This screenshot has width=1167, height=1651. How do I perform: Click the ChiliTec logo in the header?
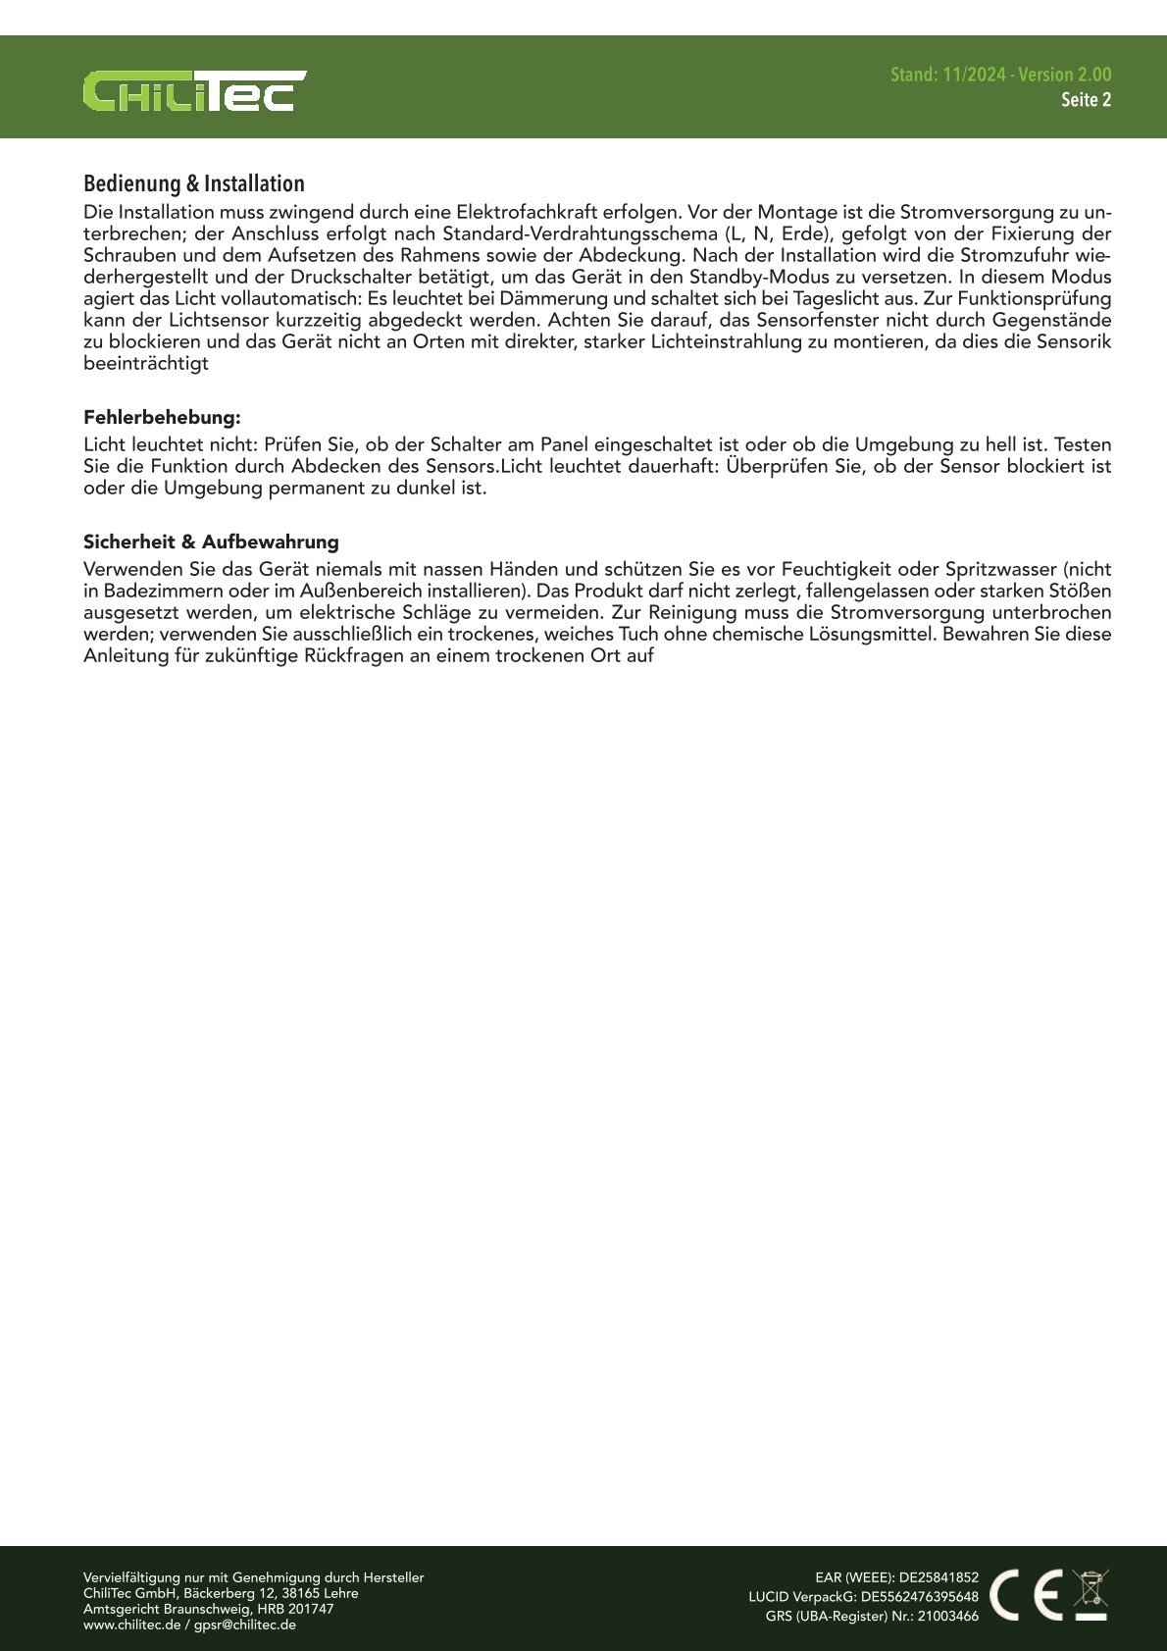point(194,90)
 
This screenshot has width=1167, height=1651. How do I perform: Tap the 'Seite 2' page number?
point(1086,100)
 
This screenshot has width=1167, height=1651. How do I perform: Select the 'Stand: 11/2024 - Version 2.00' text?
point(1000,75)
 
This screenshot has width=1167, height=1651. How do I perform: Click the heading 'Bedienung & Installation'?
point(194,183)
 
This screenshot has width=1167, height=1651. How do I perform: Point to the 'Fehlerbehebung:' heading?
point(162,417)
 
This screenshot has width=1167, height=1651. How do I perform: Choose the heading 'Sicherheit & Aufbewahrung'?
point(211,542)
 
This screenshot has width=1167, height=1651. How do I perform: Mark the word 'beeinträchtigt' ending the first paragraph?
point(146,363)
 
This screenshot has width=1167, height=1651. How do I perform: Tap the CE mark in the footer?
point(1026,1595)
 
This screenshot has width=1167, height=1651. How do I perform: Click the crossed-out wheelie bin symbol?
point(1091,1594)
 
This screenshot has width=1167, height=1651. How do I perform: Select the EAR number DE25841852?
point(939,1577)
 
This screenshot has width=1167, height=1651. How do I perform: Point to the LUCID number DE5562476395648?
point(920,1596)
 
